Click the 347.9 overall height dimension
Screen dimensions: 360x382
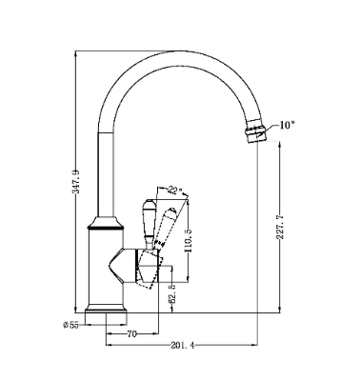[75, 182]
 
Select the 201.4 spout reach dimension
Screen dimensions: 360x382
[183, 345]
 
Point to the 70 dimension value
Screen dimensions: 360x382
[131, 334]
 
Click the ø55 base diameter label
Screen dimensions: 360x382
[70, 325]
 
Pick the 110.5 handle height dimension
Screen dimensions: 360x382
[189, 240]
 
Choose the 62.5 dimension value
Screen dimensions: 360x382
[172, 294]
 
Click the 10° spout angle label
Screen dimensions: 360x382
[287, 125]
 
